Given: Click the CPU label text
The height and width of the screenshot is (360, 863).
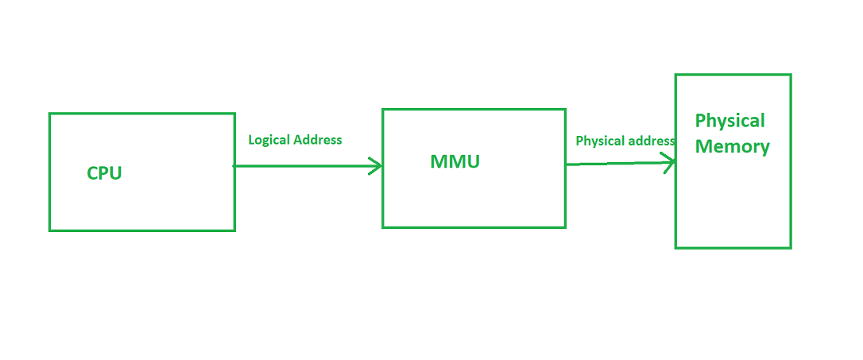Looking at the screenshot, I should point(104,173).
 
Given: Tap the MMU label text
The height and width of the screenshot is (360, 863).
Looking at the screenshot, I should point(455,161).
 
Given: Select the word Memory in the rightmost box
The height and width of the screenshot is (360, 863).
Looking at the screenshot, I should point(732,147).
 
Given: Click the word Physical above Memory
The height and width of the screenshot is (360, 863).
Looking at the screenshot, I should point(729,121).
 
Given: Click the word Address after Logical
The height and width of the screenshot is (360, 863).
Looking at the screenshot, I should point(318,140).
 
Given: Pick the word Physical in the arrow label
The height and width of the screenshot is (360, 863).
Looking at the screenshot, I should point(599,141).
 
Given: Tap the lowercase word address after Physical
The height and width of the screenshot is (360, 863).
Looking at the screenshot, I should point(651,141).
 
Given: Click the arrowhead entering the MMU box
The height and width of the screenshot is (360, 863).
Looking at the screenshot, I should point(376,166).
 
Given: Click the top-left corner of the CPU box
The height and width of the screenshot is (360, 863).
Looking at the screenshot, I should point(50,114).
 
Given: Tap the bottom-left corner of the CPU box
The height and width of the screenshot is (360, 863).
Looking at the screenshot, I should point(50,230).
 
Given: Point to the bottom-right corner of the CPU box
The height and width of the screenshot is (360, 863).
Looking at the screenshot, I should point(234,230).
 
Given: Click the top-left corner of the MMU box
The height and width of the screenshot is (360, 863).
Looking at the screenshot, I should point(383,110).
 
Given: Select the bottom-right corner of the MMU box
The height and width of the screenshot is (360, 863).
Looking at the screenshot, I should point(565,227).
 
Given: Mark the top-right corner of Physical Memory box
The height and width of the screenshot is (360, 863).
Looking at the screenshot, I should point(791,75).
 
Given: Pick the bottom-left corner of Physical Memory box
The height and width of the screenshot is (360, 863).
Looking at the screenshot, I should point(676,248).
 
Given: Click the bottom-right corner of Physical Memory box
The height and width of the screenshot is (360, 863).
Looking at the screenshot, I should point(791,248).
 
